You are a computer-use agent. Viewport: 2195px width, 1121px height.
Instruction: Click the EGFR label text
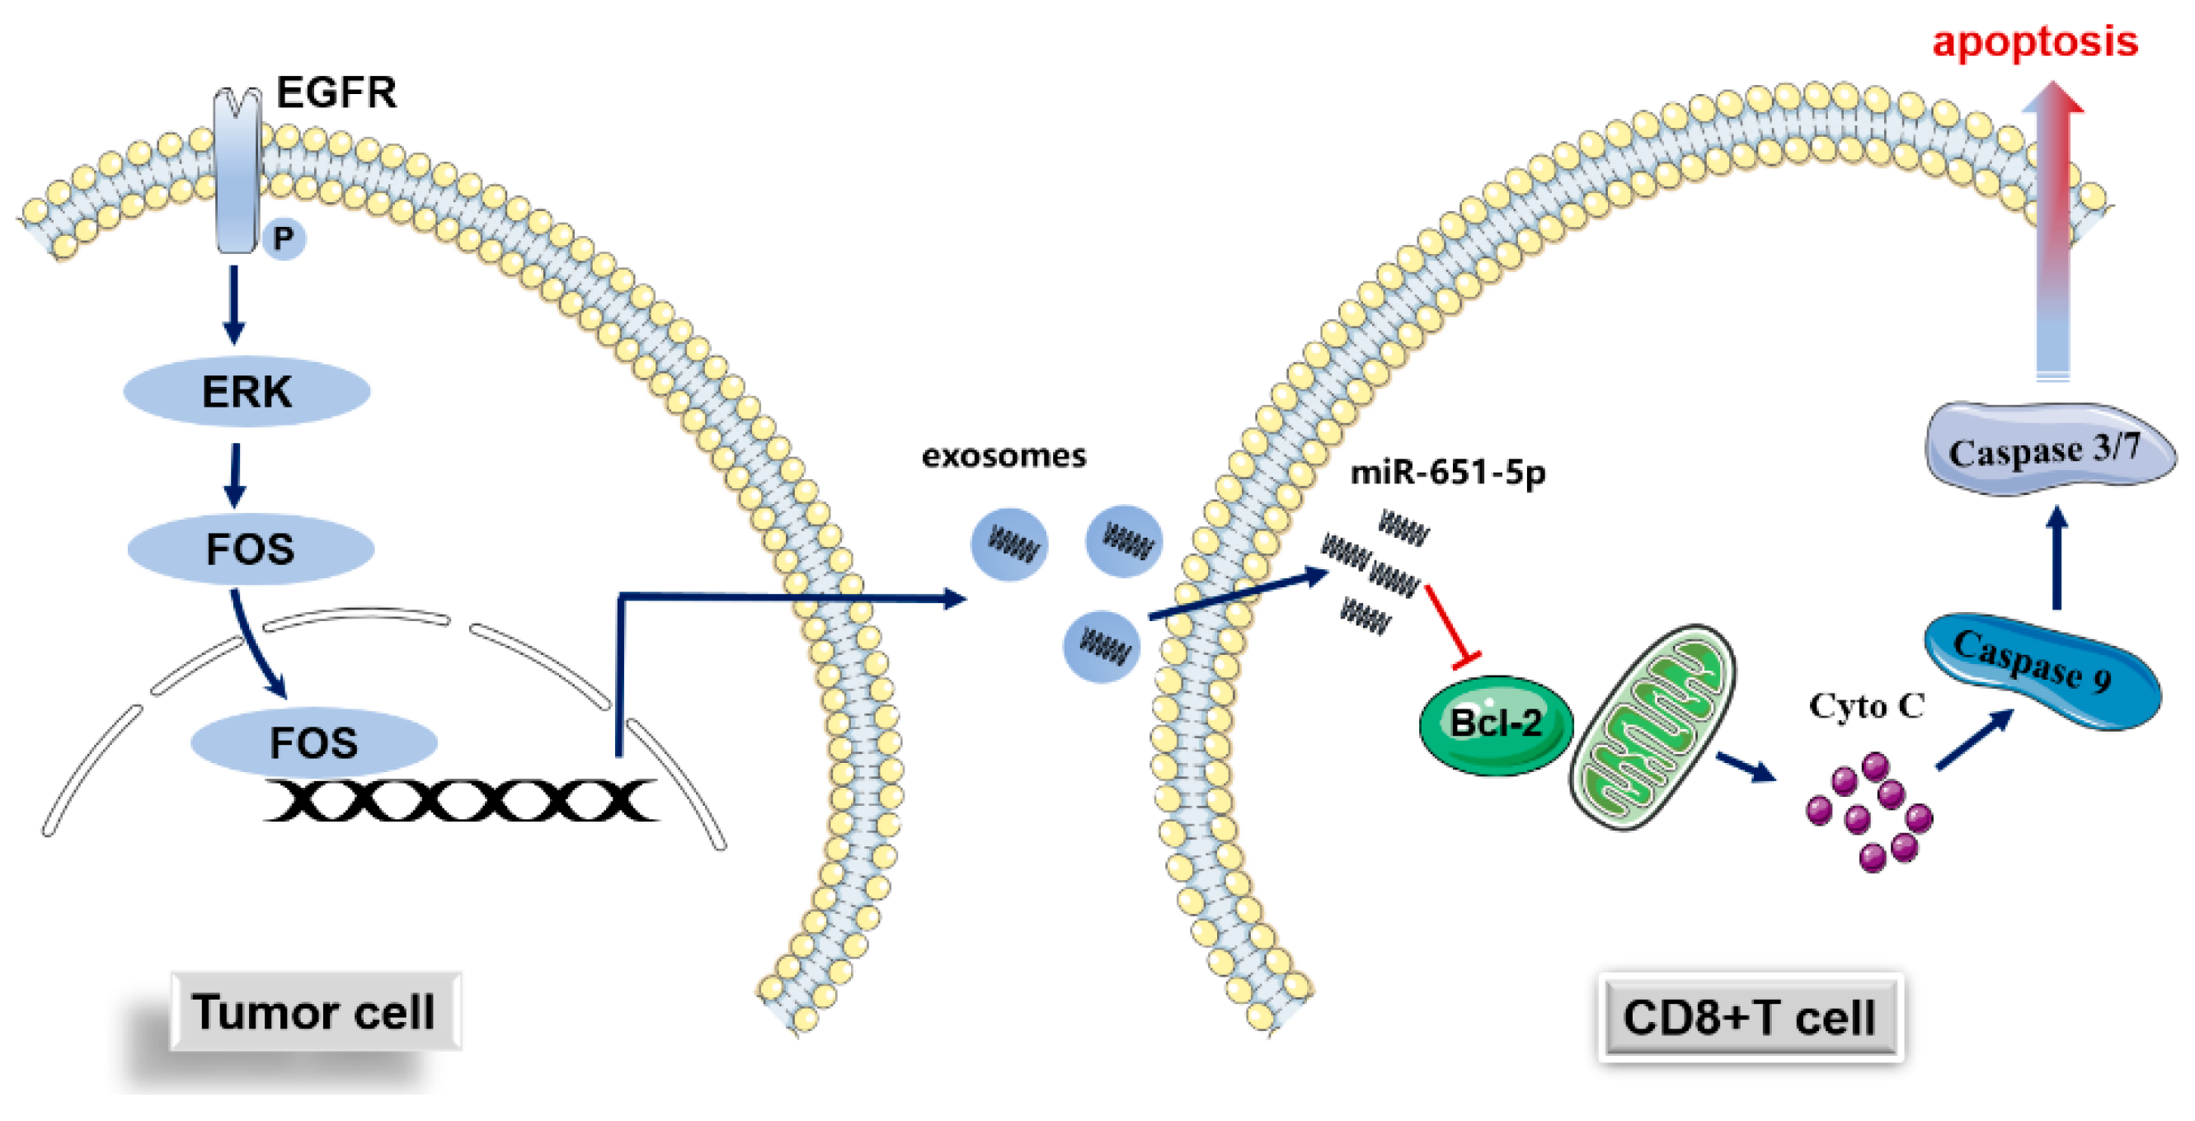[x=336, y=92]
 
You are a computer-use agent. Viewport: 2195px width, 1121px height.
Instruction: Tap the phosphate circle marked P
[x=284, y=238]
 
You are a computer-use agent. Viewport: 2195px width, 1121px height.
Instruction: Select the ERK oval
[x=247, y=392]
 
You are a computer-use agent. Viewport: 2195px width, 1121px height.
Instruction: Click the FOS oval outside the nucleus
[x=251, y=549]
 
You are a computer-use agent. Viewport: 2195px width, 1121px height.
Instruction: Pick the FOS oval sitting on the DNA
[x=313, y=742]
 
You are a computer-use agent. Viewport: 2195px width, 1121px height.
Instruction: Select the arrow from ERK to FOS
[x=235, y=474]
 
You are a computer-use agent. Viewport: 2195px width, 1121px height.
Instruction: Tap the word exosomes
[x=1003, y=456]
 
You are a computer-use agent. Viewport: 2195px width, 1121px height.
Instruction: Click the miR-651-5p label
[x=1448, y=472]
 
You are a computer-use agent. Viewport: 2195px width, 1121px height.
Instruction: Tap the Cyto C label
[x=1866, y=706]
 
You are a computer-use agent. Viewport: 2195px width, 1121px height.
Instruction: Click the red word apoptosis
[x=2035, y=41]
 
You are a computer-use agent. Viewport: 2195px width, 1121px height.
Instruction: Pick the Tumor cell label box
[x=314, y=1012]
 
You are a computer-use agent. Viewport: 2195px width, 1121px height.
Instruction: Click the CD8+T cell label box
[x=1750, y=1017]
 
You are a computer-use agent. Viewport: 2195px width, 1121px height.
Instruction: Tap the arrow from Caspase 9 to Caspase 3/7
[x=2057, y=558]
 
